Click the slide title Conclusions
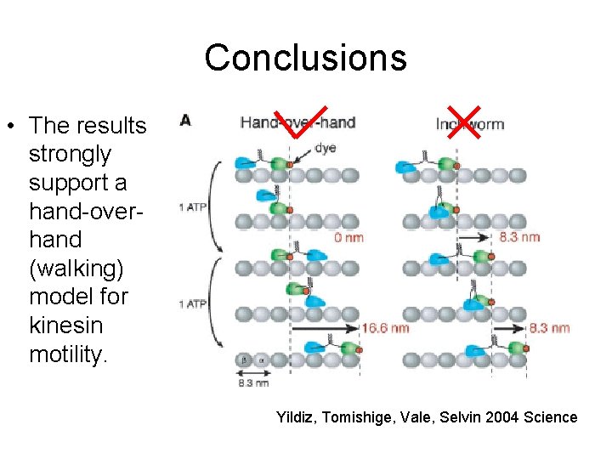point(305,58)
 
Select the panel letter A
point(185,121)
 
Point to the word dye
point(325,148)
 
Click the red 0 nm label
point(348,237)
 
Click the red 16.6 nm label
point(385,327)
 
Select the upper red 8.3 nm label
point(520,237)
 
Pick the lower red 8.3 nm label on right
point(549,327)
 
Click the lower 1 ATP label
point(191,303)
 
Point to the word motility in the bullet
point(68,354)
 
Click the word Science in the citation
point(552,417)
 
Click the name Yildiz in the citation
point(295,417)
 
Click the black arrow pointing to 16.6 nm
point(323,326)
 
